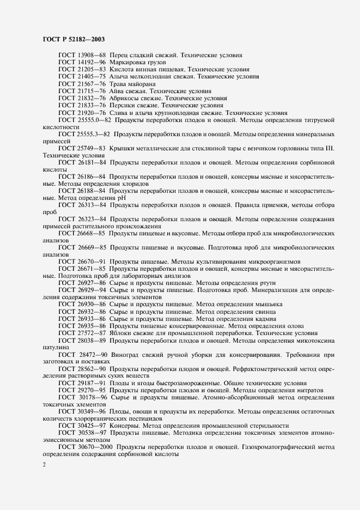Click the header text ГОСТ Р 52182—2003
click(73, 40)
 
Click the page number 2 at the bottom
click(44, 465)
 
